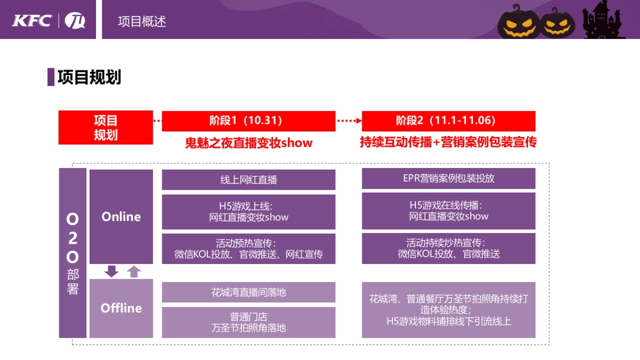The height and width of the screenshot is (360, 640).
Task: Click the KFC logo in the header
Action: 32,21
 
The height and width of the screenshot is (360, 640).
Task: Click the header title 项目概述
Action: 142,21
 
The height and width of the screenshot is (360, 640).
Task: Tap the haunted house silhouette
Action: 603,21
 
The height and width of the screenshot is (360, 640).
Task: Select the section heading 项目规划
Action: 89,77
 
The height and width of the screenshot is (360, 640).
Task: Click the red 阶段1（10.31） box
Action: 249,121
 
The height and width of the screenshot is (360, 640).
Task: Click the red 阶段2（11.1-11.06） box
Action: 449,121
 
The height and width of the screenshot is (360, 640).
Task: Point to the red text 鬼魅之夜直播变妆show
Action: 249,143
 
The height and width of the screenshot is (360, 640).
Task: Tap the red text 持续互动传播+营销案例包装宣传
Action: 449,142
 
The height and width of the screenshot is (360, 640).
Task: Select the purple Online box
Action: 121,216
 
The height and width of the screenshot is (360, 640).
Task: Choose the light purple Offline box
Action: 121,308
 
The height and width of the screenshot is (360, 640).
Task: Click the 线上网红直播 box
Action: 249,180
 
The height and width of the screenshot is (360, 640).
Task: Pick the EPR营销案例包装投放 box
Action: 449,178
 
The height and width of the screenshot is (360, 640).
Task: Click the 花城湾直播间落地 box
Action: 249,292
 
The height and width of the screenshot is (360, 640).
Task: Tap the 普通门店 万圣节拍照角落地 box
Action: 249,322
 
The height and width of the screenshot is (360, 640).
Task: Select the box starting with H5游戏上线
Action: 249,212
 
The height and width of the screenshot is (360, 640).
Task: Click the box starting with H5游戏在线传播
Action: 449,211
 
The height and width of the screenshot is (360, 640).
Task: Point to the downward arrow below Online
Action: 111,271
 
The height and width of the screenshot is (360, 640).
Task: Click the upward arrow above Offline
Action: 134,271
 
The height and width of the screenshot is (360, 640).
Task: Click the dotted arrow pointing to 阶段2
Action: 349,121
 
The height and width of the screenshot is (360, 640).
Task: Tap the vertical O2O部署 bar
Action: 73,253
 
